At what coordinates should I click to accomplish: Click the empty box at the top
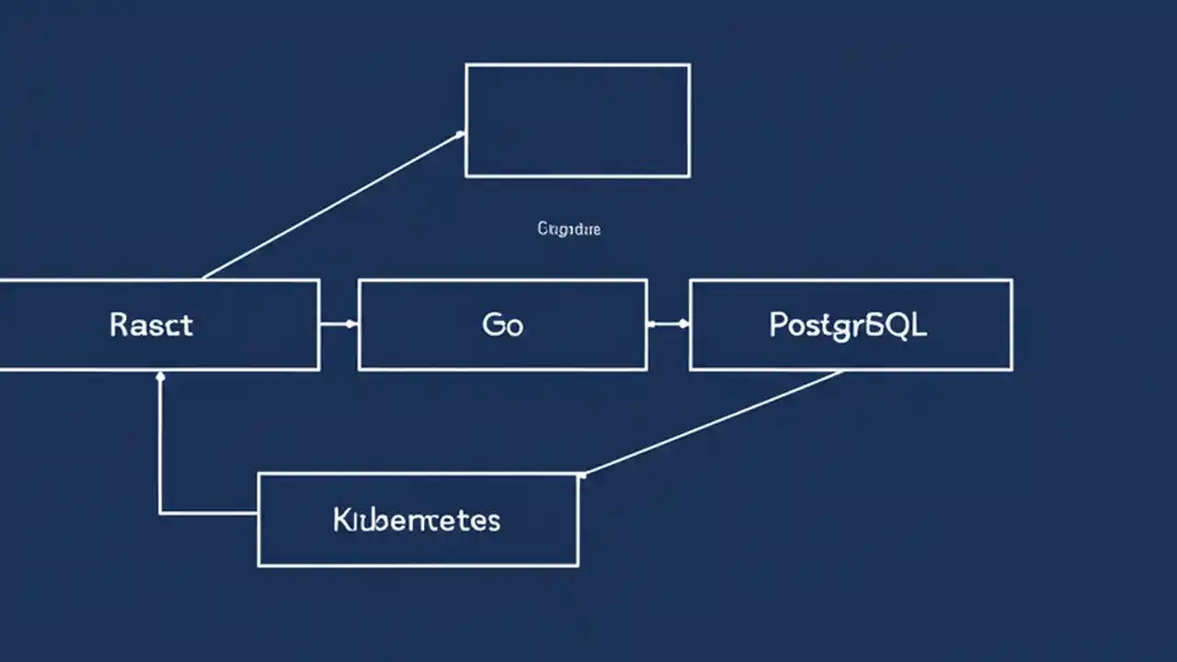577,120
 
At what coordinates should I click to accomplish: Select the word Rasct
152,325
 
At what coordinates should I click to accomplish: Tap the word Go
502,325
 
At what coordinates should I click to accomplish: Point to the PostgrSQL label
848,325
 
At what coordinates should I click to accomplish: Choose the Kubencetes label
417,519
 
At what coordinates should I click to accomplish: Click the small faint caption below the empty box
568,228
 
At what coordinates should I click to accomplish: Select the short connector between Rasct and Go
338,324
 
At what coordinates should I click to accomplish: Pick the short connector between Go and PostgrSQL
668,324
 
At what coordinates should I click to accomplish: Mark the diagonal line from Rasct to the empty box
331,205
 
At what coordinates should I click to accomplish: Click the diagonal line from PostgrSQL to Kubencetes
713,423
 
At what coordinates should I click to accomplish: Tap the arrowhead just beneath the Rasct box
161,376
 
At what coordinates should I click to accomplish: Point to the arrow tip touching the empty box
460,134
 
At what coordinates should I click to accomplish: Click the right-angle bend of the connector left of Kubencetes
161,513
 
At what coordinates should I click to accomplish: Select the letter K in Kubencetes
341,519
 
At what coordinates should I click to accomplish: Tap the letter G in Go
492,325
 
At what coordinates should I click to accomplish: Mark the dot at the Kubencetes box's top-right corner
581,474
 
